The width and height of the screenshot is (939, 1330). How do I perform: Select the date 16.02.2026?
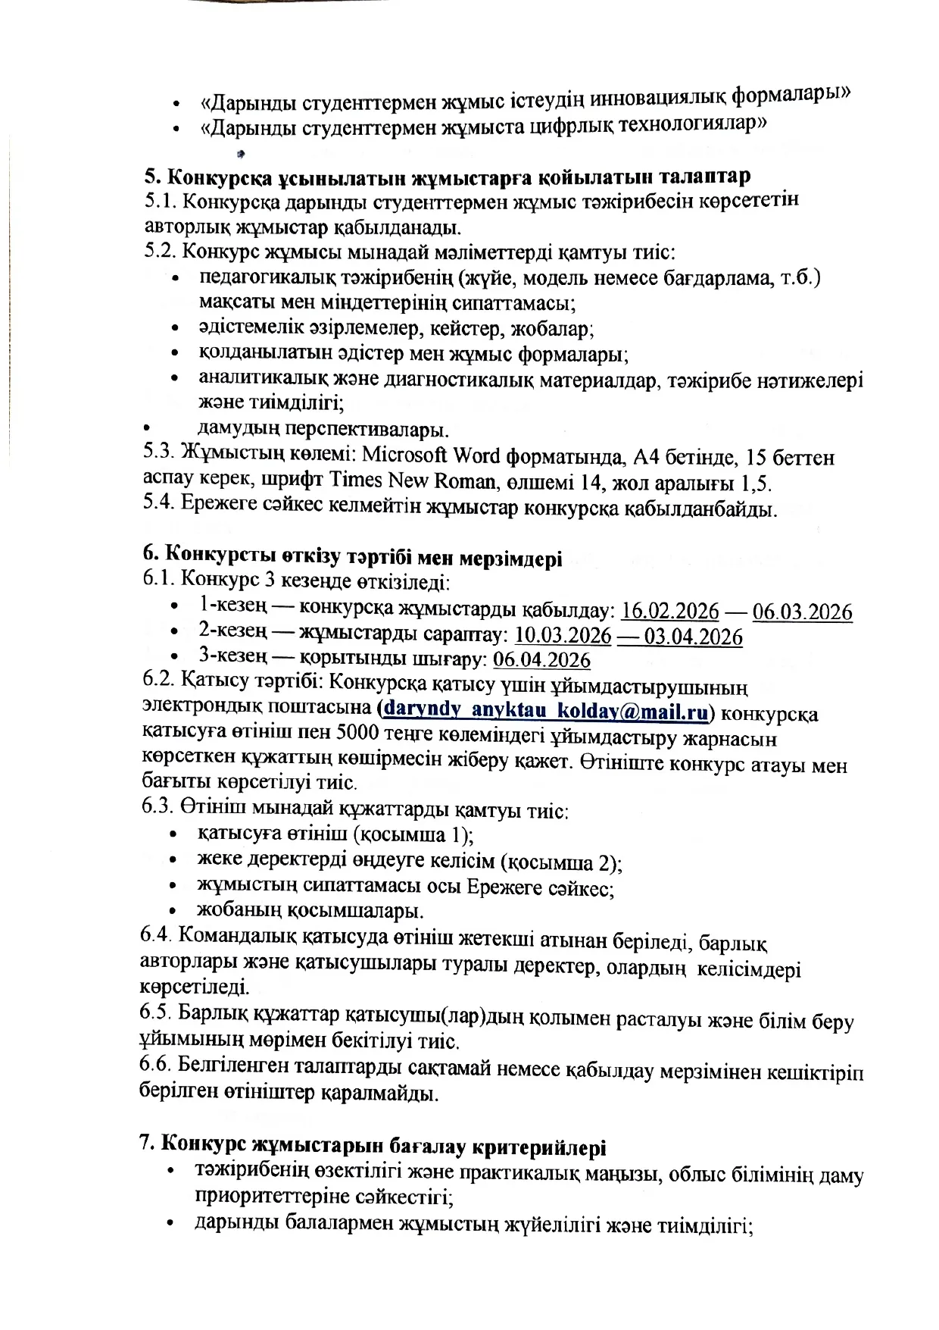(x=665, y=612)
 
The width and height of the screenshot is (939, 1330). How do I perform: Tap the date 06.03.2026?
(x=802, y=612)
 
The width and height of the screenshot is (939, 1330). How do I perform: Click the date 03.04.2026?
(x=693, y=637)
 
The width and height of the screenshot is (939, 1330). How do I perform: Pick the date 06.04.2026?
(x=541, y=660)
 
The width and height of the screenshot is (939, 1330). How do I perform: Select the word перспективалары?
(x=367, y=430)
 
